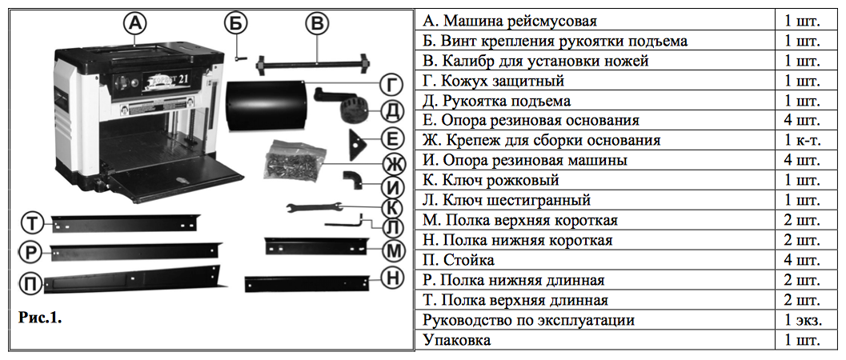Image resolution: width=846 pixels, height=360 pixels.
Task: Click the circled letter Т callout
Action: coord(31,221)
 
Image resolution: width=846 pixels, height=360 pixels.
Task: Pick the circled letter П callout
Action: coord(30,283)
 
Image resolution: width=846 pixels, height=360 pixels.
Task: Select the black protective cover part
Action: coord(264,106)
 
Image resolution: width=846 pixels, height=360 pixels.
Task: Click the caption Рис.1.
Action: coord(40,317)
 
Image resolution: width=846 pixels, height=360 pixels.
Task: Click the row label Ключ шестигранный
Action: coord(512,201)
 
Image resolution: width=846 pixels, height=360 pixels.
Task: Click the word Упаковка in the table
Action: coord(457,341)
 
